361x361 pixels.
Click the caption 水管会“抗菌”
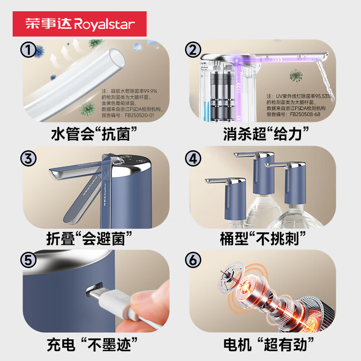coord(94,134)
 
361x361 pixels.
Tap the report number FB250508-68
coord(312,115)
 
